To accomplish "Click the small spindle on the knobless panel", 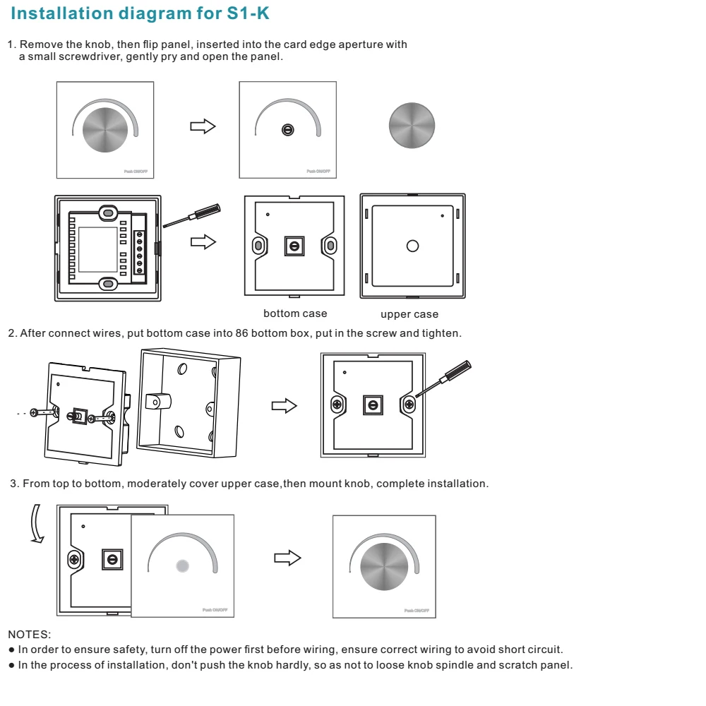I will pos(287,130).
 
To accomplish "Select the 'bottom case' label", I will pos(295,313).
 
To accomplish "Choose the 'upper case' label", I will pos(409,314).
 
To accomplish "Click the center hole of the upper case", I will pos(412,246).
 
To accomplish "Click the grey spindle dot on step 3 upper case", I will pos(182,566).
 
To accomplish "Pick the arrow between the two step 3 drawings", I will pos(287,558).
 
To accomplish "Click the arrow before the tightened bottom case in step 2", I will pos(285,406).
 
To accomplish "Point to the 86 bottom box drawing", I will pos(188,401).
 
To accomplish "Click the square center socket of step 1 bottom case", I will pos(293,245).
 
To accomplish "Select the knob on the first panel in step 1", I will pos(104,130).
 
